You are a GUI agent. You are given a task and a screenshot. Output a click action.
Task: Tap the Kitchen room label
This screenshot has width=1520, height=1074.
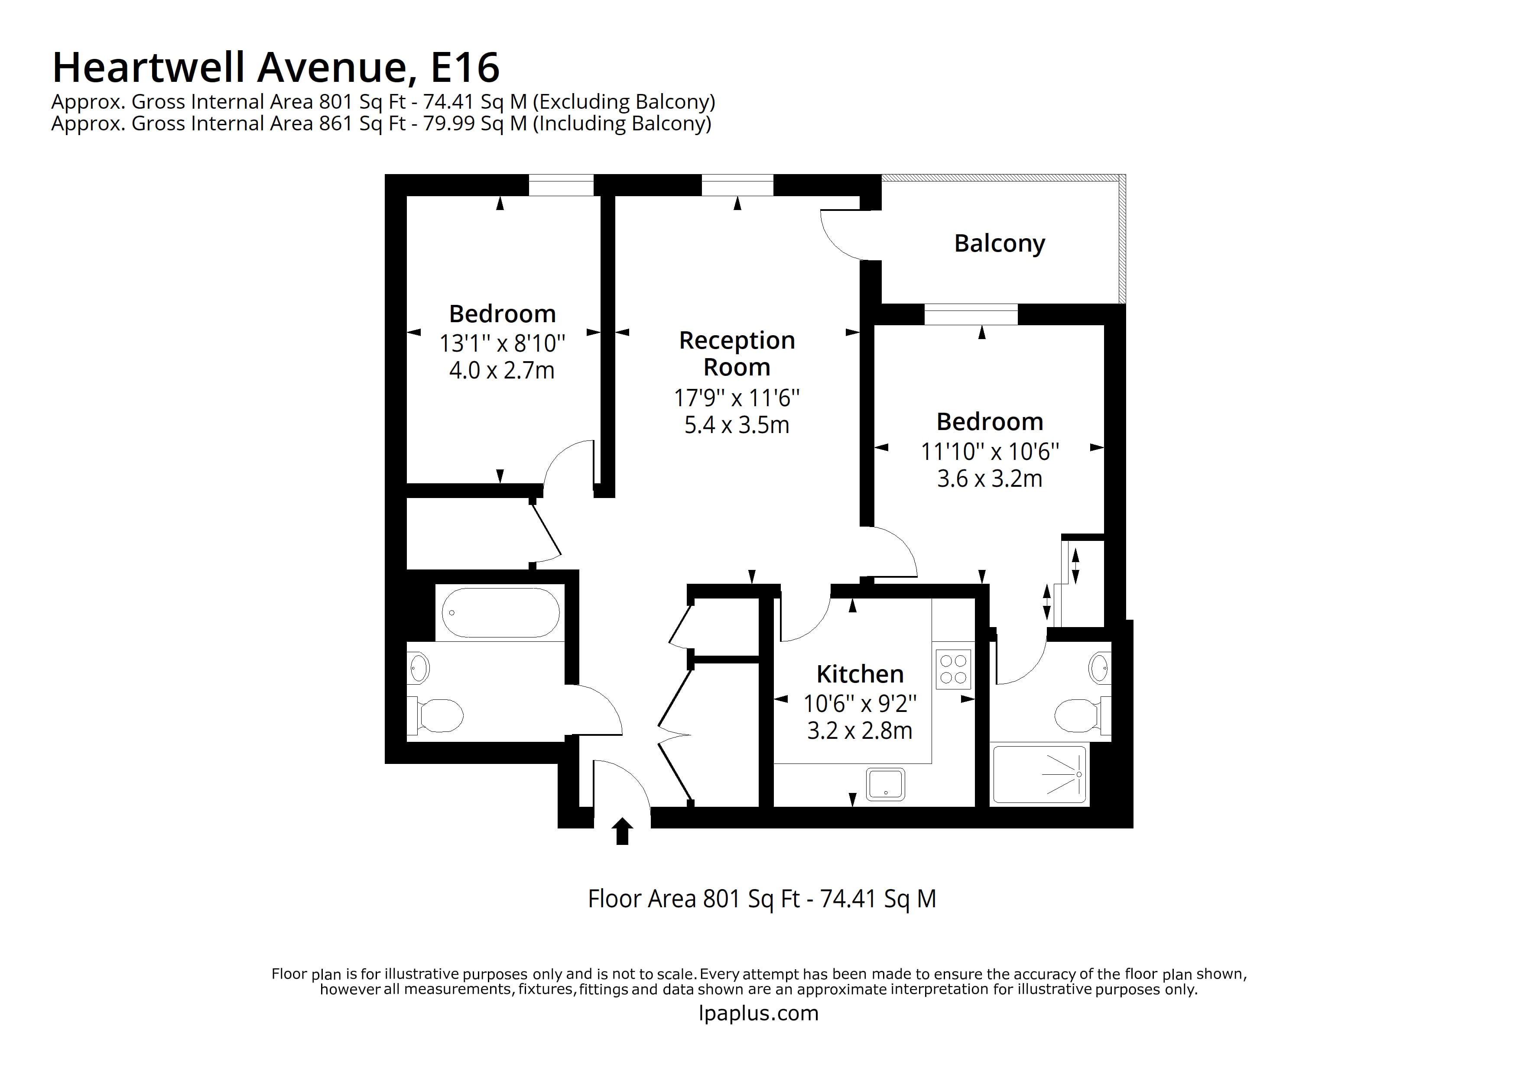coord(859,674)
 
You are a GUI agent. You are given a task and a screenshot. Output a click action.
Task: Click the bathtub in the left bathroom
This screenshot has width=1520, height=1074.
coord(500,613)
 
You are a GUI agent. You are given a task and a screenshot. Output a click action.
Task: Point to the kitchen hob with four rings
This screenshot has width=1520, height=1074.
coord(953,669)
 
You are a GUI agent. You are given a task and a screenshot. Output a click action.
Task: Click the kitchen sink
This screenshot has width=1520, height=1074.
coord(885,784)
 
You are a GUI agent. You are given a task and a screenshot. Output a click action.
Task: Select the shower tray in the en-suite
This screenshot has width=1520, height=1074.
coord(1039,774)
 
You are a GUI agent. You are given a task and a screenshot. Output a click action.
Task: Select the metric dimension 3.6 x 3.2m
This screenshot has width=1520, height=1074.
coord(989,479)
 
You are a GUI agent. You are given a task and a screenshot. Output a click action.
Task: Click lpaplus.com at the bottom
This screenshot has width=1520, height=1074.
coord(759,1013)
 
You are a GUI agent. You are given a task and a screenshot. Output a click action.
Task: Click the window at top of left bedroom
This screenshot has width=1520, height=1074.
coord(561,185)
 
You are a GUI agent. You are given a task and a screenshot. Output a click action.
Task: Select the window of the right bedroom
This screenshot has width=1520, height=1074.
coord(971,314)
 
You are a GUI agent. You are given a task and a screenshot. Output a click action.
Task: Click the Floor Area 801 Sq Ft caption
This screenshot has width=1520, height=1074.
coord(761,899)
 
